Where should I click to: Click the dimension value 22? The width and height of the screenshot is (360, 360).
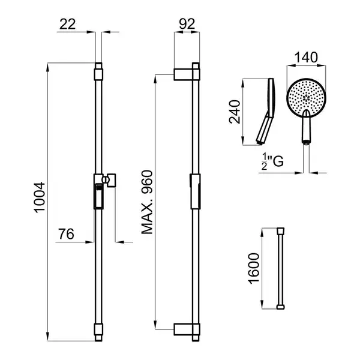(67, 24)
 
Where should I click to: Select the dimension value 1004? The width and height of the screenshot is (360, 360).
(40, 197)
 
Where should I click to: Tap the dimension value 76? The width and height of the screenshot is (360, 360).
(66, 234)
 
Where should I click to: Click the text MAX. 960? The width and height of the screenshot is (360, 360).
(147, 202)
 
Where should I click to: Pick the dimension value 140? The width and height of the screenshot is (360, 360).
(306, 58)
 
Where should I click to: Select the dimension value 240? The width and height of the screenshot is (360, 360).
(235, 112)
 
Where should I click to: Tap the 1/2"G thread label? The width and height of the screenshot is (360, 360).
(272, 161)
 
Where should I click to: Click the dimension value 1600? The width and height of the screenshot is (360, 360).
(254, 268)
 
